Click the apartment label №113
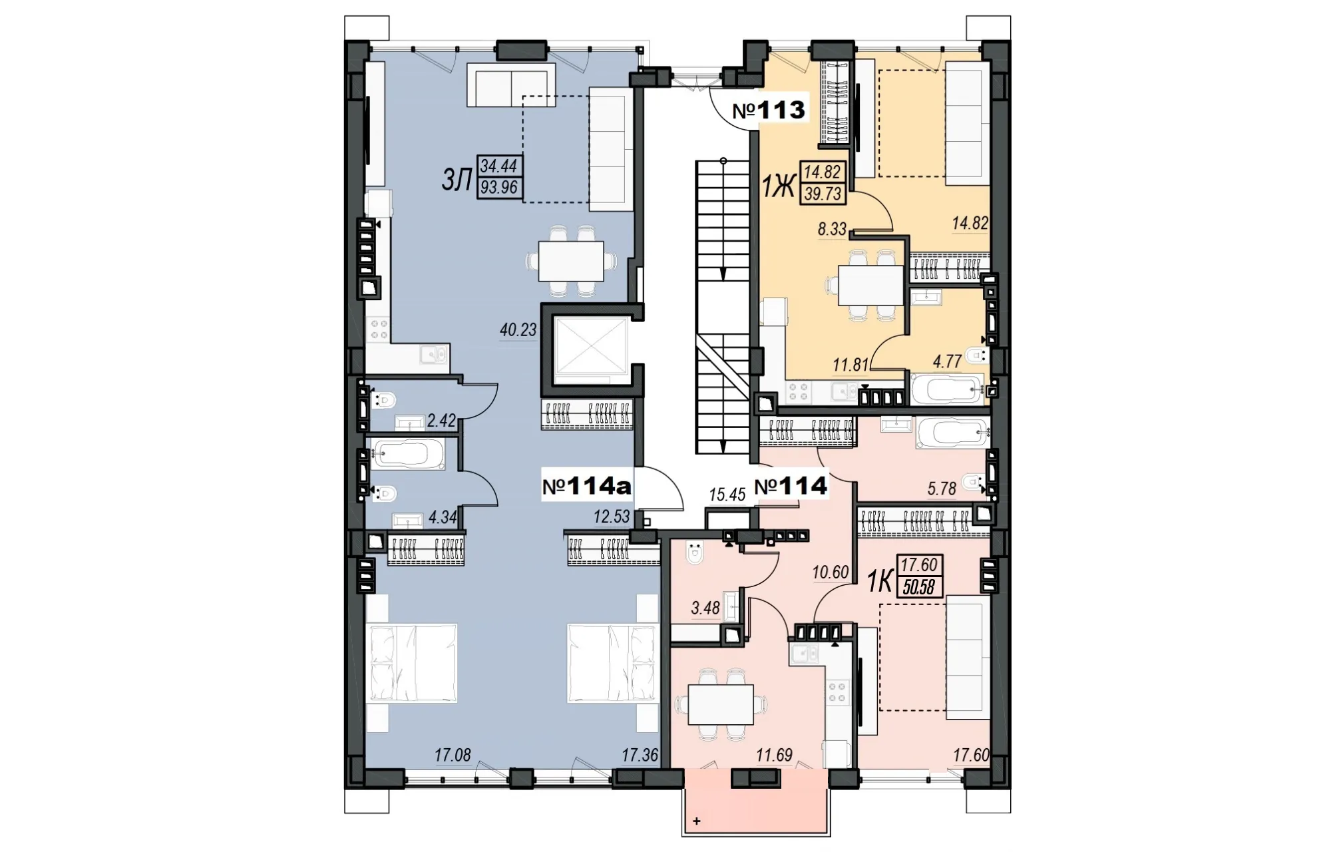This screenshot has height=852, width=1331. (x=769, y=110)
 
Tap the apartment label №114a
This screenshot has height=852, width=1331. (x=586, y=487)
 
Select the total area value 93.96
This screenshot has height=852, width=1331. (x=500, y=188)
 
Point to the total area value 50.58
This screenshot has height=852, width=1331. (x=918, y=586)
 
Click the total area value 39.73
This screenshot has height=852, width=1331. (x=823, y=193)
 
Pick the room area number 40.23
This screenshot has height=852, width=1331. (x=518, y=329)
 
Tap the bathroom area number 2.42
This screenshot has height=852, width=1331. (x=441, y=420)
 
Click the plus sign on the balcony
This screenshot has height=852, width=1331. (x=697, y=821)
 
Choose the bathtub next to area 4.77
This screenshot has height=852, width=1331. (x=946, y=389)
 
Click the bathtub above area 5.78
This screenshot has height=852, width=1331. (x=951, y=433)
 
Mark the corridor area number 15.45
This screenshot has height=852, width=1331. (x=727, y=495)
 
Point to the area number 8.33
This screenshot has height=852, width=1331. (x=832, y=230)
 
